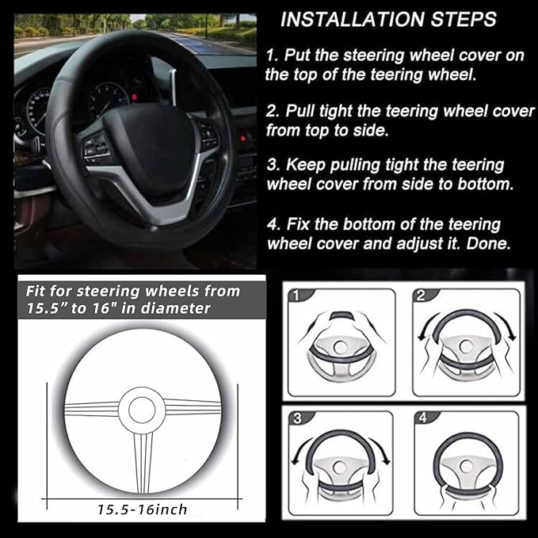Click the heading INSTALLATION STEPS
(x=388, y=18)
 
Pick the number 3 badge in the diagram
(x=295, y=419)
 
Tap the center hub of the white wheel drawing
(x=143, y=409)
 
